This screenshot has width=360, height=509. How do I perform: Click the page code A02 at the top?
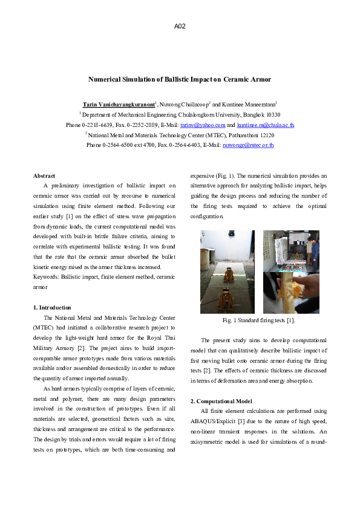[180, 27]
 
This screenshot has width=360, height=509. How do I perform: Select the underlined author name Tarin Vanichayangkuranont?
[119, 104]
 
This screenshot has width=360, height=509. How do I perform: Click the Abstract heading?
[44, 176]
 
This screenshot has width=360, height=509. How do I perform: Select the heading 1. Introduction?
[52, 308]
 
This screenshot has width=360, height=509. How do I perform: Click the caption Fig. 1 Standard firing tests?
[259, 320]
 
